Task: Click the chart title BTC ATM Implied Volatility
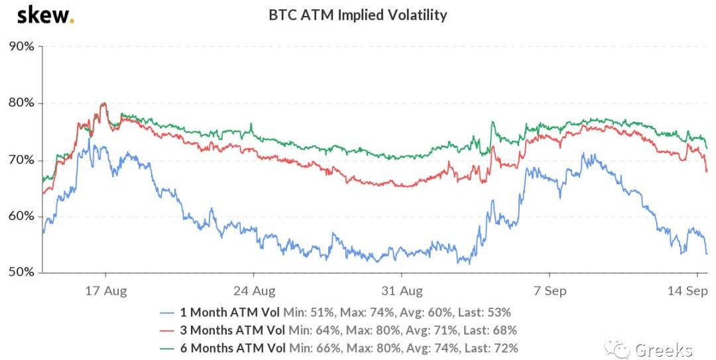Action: coord(357,15)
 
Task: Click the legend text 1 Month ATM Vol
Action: coord(230,312)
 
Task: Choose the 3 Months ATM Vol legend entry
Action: coord(233,330)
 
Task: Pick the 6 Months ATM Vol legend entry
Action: coord(233,347)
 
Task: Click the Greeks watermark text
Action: coord(663,350)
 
